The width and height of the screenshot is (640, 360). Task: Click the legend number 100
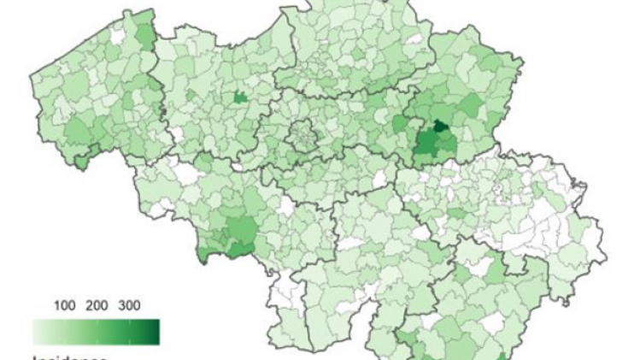pyautogui.click(x=64, y=305)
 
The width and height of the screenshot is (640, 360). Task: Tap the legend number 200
pyautogui.click(x=96, y=305)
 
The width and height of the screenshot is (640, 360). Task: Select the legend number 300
pyautogui.click(x=129, y=305)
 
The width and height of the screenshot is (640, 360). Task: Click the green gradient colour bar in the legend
pyautogui.click(x=96, y=332)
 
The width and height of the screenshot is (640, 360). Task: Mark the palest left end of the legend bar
pyautogui.click(x=37, y=332)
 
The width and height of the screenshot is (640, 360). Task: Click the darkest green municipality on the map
pyautogui.click(x=440, y=127)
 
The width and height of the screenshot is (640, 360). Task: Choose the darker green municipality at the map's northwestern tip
pyautogui.click(x=147, y=32)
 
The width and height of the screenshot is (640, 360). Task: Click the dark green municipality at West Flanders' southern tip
pyautogui.click(x=81, y=161)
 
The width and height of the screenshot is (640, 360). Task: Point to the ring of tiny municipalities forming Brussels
pyautogui.click(x=300, y=134)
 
